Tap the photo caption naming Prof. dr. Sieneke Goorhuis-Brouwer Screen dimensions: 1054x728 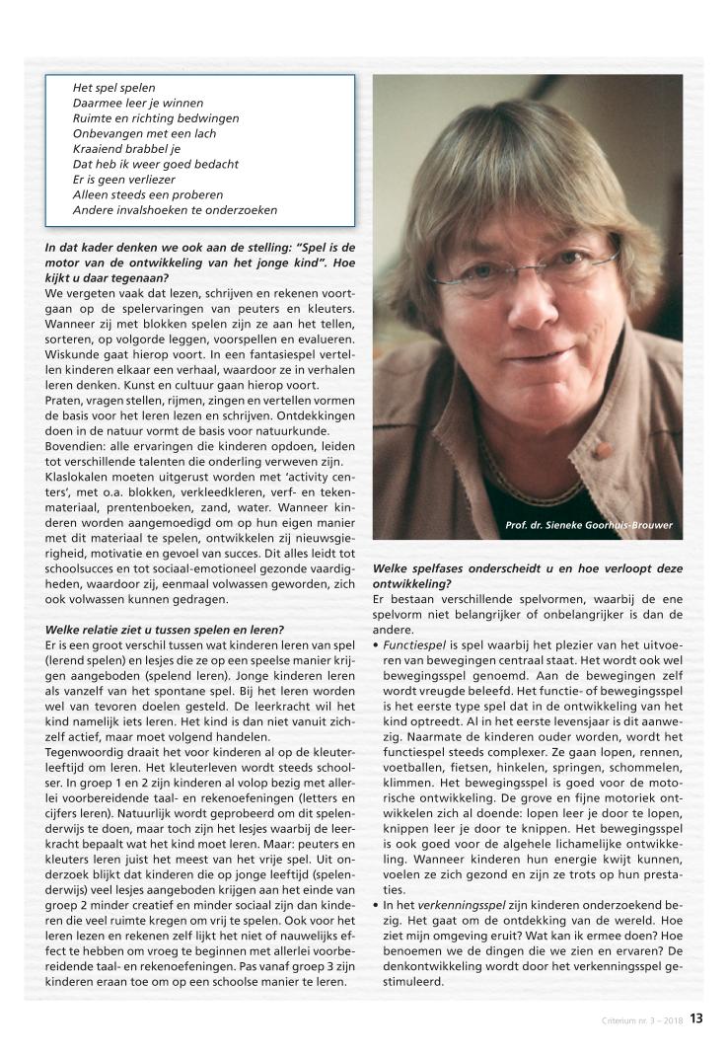(x=589, y=525)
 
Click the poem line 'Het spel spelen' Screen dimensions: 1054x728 (x=114, y=88)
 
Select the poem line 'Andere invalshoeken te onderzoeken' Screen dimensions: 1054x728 (x=175, y=210)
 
